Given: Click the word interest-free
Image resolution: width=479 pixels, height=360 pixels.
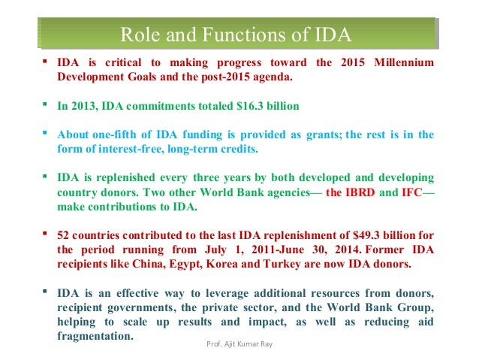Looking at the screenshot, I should pos(125,150).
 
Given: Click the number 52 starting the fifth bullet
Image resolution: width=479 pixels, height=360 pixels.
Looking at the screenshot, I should pos(65,236).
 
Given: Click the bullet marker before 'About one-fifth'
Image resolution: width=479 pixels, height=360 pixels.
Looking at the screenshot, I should pos(47,135).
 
